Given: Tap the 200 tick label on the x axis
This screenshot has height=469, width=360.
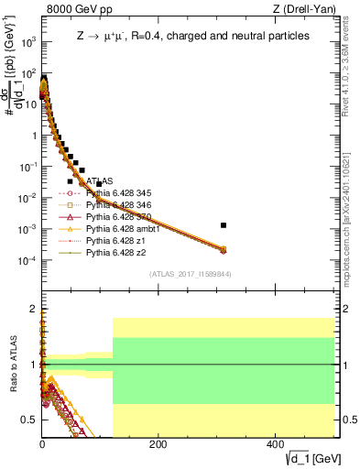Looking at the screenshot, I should coord(158,444).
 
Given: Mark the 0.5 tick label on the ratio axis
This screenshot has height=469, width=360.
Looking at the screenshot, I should coord(31,420).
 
